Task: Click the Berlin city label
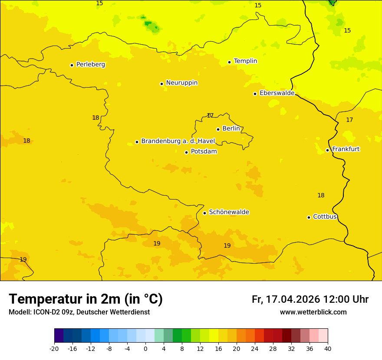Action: [x=231, y=129]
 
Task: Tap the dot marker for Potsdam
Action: [x=187, y=152]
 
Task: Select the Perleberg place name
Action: [x=90, y=65]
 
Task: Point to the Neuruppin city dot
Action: [x=162, y=84]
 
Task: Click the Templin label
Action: [x=245, y=61]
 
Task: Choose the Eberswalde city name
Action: [x=277, y=93]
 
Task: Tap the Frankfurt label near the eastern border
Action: [x=346, y=149]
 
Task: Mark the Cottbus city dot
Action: [x=309, y=217]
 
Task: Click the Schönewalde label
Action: [x=229, y=212]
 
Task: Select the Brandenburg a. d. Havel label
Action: [x=178, y=141]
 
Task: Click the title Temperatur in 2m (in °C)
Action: [x=86, y=299]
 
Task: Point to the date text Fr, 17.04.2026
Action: [x=286, y=299]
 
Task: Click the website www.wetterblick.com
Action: [x=313, y=312]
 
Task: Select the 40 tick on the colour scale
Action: [x=328, y=349]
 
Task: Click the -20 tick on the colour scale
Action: [x=54, y=349]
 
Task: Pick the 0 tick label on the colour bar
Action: [x=145, y=349]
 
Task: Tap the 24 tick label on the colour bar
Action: [x=255, y=349]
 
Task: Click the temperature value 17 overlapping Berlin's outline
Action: [x=210, y=115]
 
